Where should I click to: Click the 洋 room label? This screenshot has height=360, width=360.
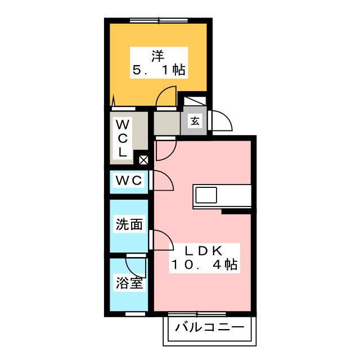(157, 56)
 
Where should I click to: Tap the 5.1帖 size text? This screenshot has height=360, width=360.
(159, 70)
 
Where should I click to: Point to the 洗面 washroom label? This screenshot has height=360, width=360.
(129, 225)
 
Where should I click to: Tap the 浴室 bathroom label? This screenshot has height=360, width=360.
(129, 283)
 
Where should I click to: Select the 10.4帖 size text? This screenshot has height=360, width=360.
(203, 264)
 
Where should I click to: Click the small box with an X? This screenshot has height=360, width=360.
(143, 160)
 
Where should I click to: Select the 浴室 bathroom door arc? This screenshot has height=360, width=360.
(137, 266)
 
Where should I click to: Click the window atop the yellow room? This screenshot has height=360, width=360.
(159, 21)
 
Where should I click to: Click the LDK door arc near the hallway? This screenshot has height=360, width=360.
(165, 149)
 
